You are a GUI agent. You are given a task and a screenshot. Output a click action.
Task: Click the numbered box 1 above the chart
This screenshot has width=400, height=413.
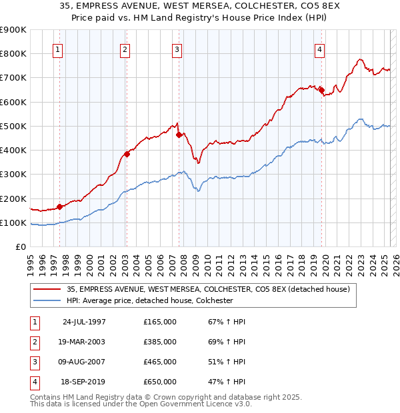coord(57,49)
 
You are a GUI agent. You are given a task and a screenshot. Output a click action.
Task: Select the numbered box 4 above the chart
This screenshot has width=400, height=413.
coord(320,49)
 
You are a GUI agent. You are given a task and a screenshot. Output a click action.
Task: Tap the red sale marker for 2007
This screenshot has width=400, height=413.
coord(179,135)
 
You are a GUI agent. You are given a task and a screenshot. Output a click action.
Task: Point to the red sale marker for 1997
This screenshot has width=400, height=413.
coord(59,206)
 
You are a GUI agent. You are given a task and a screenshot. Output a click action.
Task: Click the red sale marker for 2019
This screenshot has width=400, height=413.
coord(321,90)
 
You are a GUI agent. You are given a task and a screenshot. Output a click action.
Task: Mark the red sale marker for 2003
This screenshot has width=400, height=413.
coord(127,154)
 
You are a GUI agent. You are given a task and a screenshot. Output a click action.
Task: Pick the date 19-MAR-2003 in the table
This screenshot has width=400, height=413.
coord(83,342)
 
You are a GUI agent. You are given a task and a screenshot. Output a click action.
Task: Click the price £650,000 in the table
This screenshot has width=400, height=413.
coord(160,382)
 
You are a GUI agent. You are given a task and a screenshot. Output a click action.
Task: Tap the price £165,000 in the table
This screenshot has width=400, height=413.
coord(160,322)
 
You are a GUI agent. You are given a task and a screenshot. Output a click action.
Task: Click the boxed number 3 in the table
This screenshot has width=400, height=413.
coord(33,362)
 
